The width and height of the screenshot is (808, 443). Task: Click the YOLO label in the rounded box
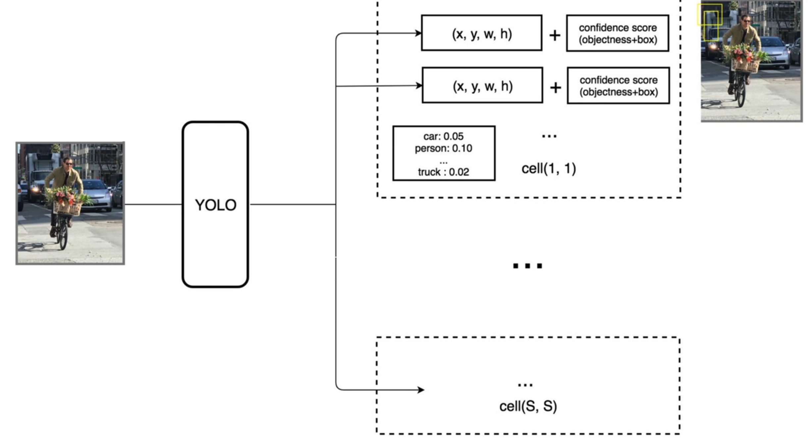pos(216,205)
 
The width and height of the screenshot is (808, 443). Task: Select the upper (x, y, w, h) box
pos(481,33)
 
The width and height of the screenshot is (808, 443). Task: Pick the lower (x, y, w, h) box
pos(482,86)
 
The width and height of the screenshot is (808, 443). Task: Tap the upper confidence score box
pos(618,33)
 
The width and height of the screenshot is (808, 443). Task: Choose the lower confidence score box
pos(618,86)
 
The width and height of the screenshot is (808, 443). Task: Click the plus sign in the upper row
pos(555,35)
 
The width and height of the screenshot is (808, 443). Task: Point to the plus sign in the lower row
pos(555,88)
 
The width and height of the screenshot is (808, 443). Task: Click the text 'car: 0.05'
pos(443,136)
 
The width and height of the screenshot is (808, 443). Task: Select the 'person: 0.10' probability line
pos(443,148)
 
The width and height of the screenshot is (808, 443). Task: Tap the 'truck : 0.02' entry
pos(443,172)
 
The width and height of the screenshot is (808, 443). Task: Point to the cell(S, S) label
pos(528,406)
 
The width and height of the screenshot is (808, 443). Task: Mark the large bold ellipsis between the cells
pos(528,266)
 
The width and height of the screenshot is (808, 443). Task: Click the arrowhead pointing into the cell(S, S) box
pos(421,390)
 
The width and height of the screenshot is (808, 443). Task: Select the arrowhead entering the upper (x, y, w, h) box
pos(418,33)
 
